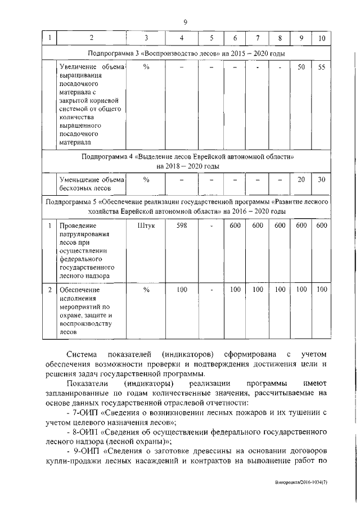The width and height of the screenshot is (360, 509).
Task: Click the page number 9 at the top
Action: (x=184, y=22)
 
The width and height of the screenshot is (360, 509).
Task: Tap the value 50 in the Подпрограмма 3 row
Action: (x=301, y=67)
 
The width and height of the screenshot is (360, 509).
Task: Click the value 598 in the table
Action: (x=181, y=226)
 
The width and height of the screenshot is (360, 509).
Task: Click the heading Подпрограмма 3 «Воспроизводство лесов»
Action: (x=186, y=53)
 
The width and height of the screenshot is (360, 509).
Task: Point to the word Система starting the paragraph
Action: (x=79, y=354)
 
